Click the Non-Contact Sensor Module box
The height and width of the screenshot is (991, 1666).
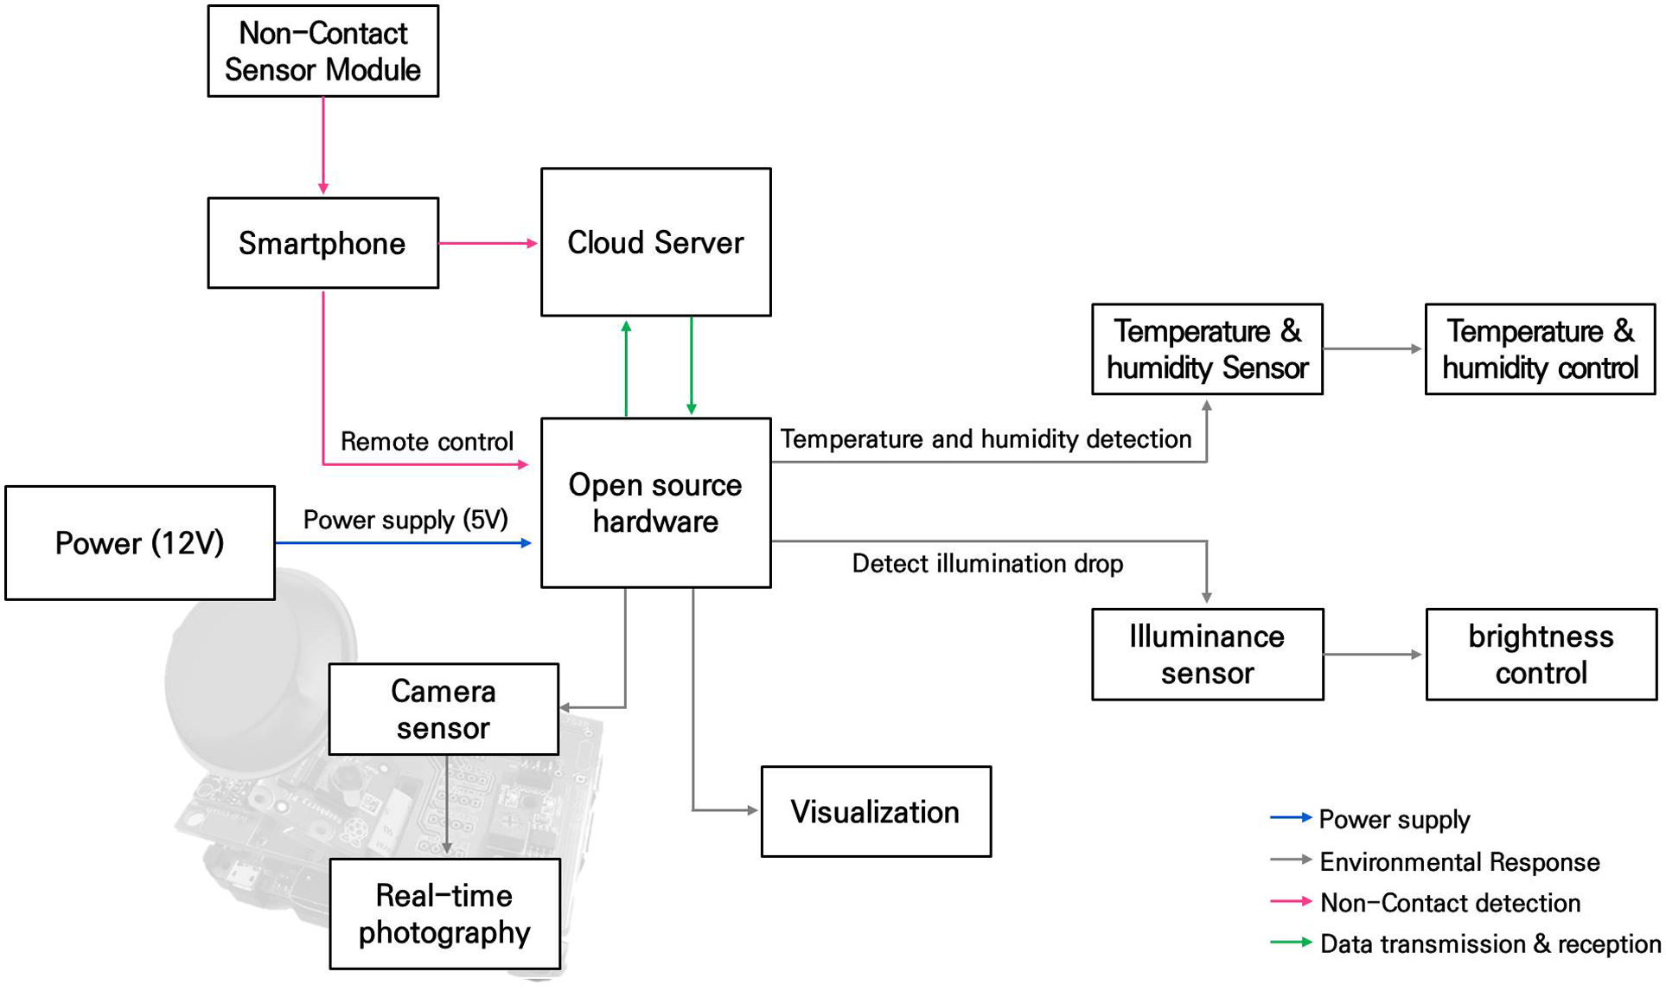point(323,51)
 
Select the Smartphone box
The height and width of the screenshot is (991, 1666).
point(323,243)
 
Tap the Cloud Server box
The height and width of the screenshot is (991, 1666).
point(656,242)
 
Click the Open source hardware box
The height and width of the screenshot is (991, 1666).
point(656,502)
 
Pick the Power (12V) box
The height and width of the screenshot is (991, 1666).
point(140,543)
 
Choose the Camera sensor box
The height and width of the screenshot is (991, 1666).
point(444,709)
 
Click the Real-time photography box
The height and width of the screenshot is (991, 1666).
point(444,914)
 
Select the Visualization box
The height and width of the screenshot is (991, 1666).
point(876,812)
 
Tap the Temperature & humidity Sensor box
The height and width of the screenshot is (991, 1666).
point(1208,349)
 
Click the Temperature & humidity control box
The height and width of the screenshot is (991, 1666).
point(1541,349)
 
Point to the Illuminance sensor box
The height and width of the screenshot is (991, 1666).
point(1208,655)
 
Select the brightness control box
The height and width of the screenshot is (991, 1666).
point(1542,655)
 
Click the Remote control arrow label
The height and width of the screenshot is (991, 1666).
point(427,442)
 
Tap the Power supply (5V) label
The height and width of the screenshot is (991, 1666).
point(405,520)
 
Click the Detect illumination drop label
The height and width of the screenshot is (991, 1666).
point(987,564)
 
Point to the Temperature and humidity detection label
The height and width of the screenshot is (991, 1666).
point(986,439)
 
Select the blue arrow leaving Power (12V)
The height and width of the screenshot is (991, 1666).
point(404,543)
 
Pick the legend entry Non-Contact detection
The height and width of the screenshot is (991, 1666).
point(1425,903)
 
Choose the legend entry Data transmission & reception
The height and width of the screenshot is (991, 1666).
point(1465,943)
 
